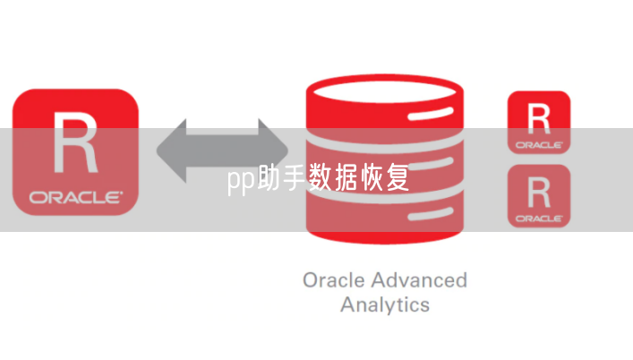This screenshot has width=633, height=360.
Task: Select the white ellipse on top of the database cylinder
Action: [386, 95]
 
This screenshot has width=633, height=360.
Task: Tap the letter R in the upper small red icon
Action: [538, 117]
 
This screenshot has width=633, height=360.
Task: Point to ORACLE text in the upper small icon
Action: [539, 143]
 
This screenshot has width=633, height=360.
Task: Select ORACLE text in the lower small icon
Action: [539, 217]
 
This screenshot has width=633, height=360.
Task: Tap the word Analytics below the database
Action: [385, 304]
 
